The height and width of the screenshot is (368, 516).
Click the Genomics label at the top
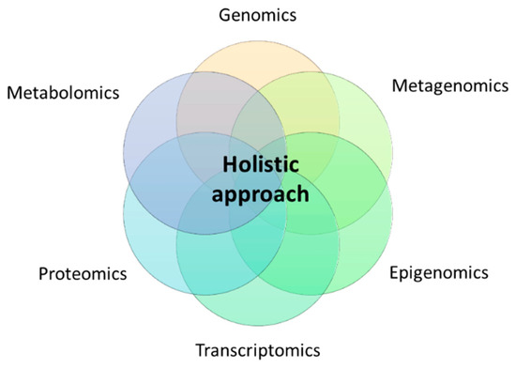point(256,16)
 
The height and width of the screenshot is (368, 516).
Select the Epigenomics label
point(438,273)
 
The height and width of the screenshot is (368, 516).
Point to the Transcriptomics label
point(257,351)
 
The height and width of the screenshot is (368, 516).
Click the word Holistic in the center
point(258,162)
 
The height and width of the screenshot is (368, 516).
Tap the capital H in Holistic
point(228,162)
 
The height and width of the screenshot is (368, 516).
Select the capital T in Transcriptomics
point(200,351)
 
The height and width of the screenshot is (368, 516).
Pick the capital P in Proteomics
point(43,274)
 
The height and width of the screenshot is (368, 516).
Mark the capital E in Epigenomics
point(394,273)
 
